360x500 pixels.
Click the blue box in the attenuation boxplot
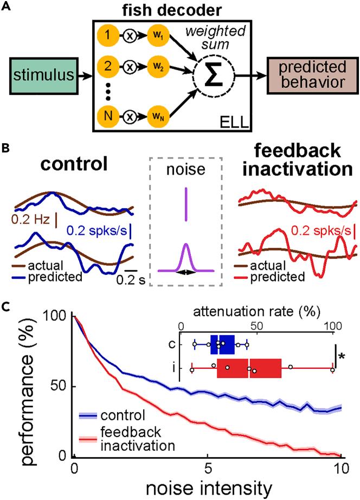point(222,344)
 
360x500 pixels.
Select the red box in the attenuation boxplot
point(249,368)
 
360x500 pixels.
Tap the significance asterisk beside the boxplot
point(342,356)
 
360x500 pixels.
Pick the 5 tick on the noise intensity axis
point(208,467)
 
